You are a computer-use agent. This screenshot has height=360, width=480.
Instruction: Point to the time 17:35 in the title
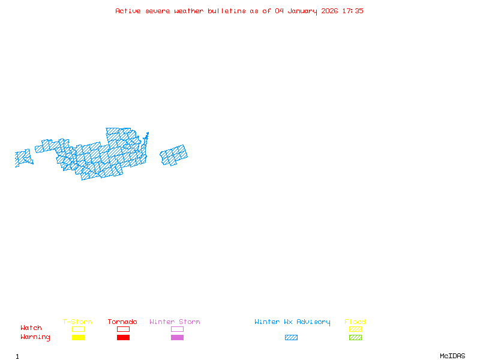point(353,11)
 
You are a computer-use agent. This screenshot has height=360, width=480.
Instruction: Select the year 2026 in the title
point(331,11)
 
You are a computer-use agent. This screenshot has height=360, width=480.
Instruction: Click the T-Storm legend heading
point(77,322)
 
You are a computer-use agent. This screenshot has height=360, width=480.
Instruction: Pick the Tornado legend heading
point(122,322)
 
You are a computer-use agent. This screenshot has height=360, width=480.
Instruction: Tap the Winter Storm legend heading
point(175,322)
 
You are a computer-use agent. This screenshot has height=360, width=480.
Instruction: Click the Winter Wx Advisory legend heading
point(292,322)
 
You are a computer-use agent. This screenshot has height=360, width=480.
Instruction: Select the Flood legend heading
point(355,322)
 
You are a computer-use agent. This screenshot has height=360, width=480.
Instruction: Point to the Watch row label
point(31,328)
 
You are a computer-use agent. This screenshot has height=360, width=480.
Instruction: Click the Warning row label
point(35,337)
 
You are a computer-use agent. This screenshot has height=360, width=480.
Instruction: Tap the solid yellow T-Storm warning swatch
point(78,338)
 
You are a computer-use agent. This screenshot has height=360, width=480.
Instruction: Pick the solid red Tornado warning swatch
point(123,338)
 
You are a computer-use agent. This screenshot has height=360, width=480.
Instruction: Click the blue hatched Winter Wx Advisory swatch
point(291,338)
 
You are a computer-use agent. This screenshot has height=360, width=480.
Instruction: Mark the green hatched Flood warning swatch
point(355,338)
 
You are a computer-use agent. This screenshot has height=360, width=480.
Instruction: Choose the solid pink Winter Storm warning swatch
point(177,338)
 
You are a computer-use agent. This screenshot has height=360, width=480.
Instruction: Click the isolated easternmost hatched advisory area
point(173,155)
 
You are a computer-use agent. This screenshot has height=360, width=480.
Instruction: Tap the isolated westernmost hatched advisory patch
point(23,158)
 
